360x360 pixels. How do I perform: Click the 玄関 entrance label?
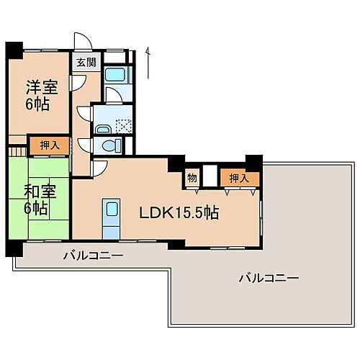coord(86,62)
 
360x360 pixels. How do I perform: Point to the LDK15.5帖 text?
coord(179,212)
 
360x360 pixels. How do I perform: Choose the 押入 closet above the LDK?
coord(239,178)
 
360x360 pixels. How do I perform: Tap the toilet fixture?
coord(111,145)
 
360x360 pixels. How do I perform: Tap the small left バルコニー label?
coord(93,256)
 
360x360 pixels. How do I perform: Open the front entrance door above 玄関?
coord(84,42)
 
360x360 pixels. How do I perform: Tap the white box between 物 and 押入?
coord(210,177)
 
